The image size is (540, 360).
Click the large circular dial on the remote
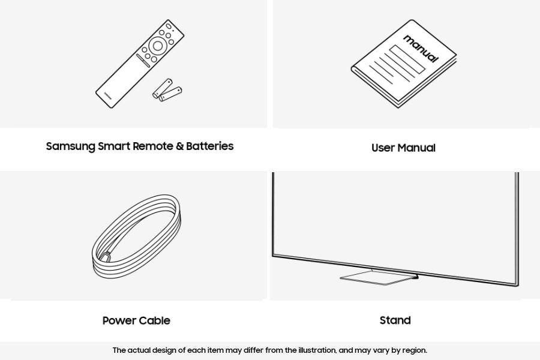157,46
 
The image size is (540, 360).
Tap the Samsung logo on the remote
108,95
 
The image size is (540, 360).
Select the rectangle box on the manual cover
407,59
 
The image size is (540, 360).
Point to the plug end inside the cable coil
106,257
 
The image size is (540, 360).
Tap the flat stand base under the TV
378,277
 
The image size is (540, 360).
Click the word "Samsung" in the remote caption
71,146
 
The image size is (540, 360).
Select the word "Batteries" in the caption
210,146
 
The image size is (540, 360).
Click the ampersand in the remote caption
179,146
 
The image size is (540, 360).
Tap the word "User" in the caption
383,148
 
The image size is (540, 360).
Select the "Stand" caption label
395,320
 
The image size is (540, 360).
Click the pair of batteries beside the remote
167,89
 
